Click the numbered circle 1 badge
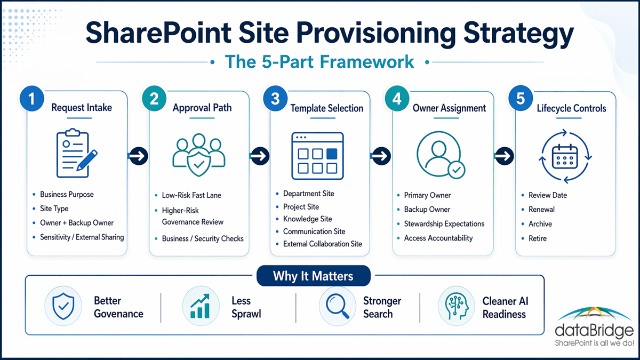(x=31, y=99)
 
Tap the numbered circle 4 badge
(x=397, y=99)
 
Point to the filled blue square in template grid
(x=331, y=154)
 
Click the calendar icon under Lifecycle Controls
(x=565, y=157)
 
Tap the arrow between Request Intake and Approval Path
(x=139, y=156)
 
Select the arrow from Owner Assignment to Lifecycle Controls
(x=505, y=156)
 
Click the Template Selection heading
(x=327, y=108)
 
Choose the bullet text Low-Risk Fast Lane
(x=191, y=195)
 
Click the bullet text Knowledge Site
(x=307, y=219)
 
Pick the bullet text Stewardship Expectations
(x=444, y=223)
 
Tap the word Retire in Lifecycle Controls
(x=538, y=238)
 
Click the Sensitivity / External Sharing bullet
(x=82, y=237)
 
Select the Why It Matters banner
(x=314, y=276)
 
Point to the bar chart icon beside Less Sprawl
(x=201, y=306)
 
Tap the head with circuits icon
(x=457, y=306)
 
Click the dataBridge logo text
(x=594, y=331)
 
